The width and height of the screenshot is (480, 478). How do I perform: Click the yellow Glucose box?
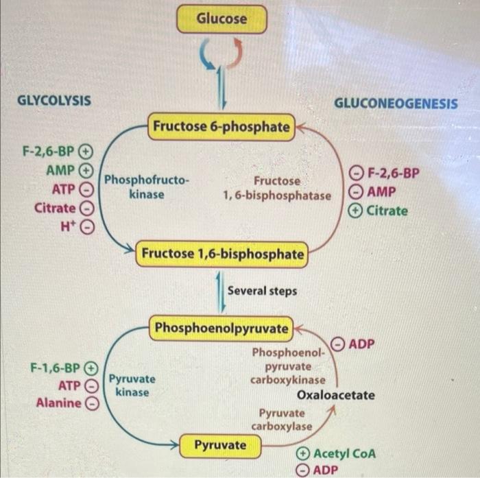point(221,19)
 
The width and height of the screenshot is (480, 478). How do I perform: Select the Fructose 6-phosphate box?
point(221,127)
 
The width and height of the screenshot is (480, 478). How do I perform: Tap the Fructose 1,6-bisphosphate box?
point(222,254)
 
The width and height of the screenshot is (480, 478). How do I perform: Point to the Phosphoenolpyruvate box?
point(221,328)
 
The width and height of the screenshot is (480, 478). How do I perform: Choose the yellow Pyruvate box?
point(219,445)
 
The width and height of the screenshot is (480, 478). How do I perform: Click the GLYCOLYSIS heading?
point(53,100)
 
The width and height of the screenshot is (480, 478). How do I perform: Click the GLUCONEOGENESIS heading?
point(396,104)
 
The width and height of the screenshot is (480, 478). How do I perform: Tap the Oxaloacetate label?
point(336,395)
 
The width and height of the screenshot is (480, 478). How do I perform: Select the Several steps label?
point(262,291)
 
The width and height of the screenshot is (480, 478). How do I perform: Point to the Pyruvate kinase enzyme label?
point(132,385)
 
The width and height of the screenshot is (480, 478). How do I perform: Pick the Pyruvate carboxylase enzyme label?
point(281,420)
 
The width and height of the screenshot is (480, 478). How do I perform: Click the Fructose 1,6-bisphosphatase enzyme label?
point(277,189)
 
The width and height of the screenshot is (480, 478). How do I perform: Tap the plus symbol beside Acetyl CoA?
point(302,454)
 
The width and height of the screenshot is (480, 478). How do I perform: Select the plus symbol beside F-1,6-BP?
point(91,368)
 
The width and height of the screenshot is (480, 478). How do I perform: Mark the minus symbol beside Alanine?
point(91,403)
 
